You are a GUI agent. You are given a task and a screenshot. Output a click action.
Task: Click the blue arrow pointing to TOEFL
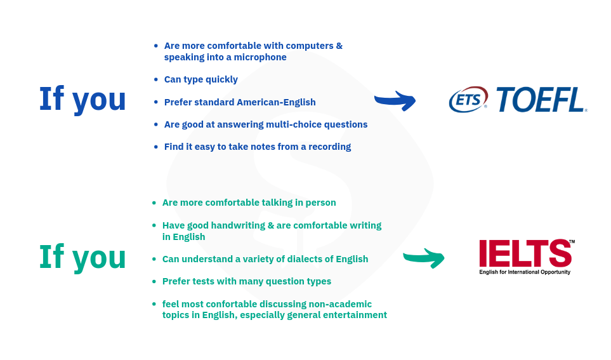point(395,100)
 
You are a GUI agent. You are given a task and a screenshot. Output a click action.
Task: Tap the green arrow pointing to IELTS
point(424,258)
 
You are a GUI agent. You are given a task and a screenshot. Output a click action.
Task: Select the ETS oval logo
point(468,100)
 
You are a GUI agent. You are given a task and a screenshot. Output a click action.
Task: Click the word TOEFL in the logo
point(541,100)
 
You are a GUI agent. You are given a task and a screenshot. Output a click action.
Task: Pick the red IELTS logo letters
point(525,253)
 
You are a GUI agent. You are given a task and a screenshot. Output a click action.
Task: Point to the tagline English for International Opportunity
point(525,272)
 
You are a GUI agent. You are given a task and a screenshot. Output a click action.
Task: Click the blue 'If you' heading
point(82,100)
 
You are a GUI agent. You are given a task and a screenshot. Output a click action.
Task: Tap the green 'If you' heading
point(82,257)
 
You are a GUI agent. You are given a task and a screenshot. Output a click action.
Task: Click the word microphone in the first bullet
point(260,57)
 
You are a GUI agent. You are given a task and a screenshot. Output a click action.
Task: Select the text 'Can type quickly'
point(200,79)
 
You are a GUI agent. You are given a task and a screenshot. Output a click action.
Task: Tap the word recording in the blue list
point(330,147)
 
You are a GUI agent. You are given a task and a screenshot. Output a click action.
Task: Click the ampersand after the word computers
point(339,46)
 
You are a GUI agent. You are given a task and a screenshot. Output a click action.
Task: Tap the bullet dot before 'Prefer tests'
point(154,281)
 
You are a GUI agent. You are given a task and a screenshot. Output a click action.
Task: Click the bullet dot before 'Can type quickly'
point(156,79)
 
